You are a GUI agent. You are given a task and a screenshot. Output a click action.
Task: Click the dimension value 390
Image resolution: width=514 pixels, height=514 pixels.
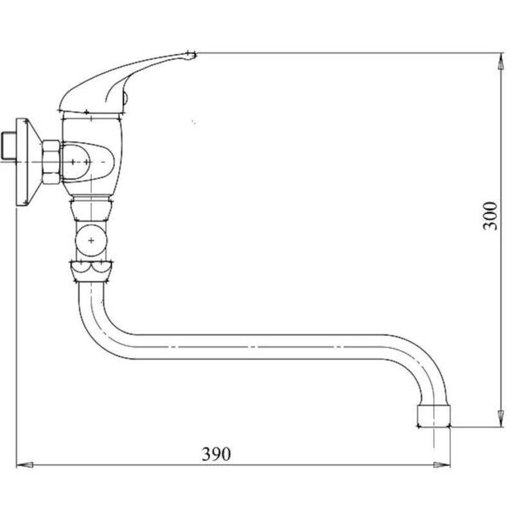216,454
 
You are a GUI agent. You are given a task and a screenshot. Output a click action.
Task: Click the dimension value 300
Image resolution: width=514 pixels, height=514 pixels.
490,216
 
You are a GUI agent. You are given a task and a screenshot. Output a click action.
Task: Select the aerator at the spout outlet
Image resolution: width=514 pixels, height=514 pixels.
433,416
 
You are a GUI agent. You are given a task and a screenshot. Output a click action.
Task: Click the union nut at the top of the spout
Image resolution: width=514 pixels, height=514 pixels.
91,272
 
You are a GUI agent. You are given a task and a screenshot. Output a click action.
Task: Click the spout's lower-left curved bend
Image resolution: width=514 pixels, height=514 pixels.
96,331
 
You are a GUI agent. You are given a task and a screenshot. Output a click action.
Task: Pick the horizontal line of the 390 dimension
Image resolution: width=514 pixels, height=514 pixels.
321,464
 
